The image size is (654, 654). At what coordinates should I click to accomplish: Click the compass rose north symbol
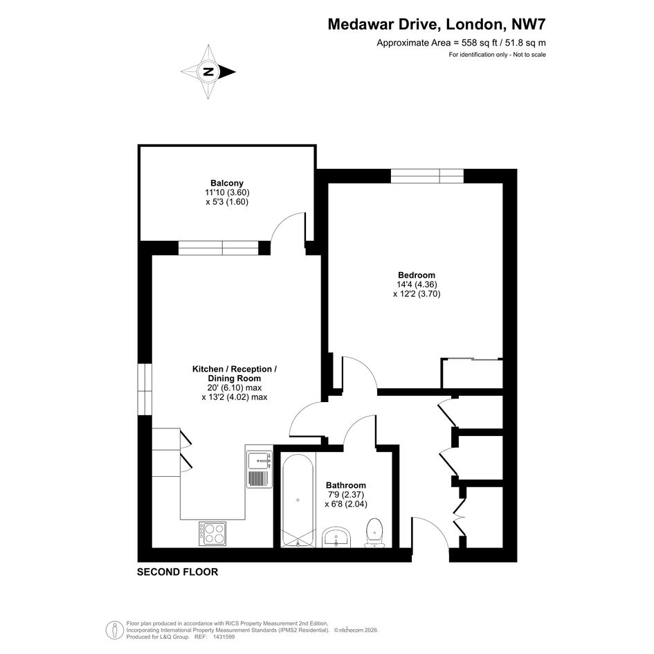point(208,72)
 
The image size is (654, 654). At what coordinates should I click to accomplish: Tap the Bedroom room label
point(416,275)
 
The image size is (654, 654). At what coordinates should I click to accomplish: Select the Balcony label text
point(227,183)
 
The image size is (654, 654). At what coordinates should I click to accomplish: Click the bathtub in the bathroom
point(298,500)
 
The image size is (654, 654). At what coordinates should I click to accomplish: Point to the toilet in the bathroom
point(374,533)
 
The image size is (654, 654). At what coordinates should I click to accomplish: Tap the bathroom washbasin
point(336,537)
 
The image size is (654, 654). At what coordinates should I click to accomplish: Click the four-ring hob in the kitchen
point(212,534)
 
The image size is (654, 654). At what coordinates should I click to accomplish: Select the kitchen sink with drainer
point(260,469)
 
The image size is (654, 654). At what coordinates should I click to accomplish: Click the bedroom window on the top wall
point(427,176)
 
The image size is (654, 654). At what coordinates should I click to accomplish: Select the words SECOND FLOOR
point(178,572)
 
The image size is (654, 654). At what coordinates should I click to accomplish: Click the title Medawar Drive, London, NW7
point(437,24)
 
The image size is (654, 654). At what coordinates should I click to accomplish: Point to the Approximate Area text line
point(462,42)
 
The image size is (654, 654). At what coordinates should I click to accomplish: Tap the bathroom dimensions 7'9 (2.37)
point(346,495)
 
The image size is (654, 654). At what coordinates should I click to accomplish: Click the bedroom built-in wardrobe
point(472,373)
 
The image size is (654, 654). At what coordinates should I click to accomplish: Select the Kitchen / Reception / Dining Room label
point(235,374)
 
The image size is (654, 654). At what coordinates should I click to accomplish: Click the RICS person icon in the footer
point(114,630)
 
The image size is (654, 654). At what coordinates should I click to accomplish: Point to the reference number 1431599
point(224,637)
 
